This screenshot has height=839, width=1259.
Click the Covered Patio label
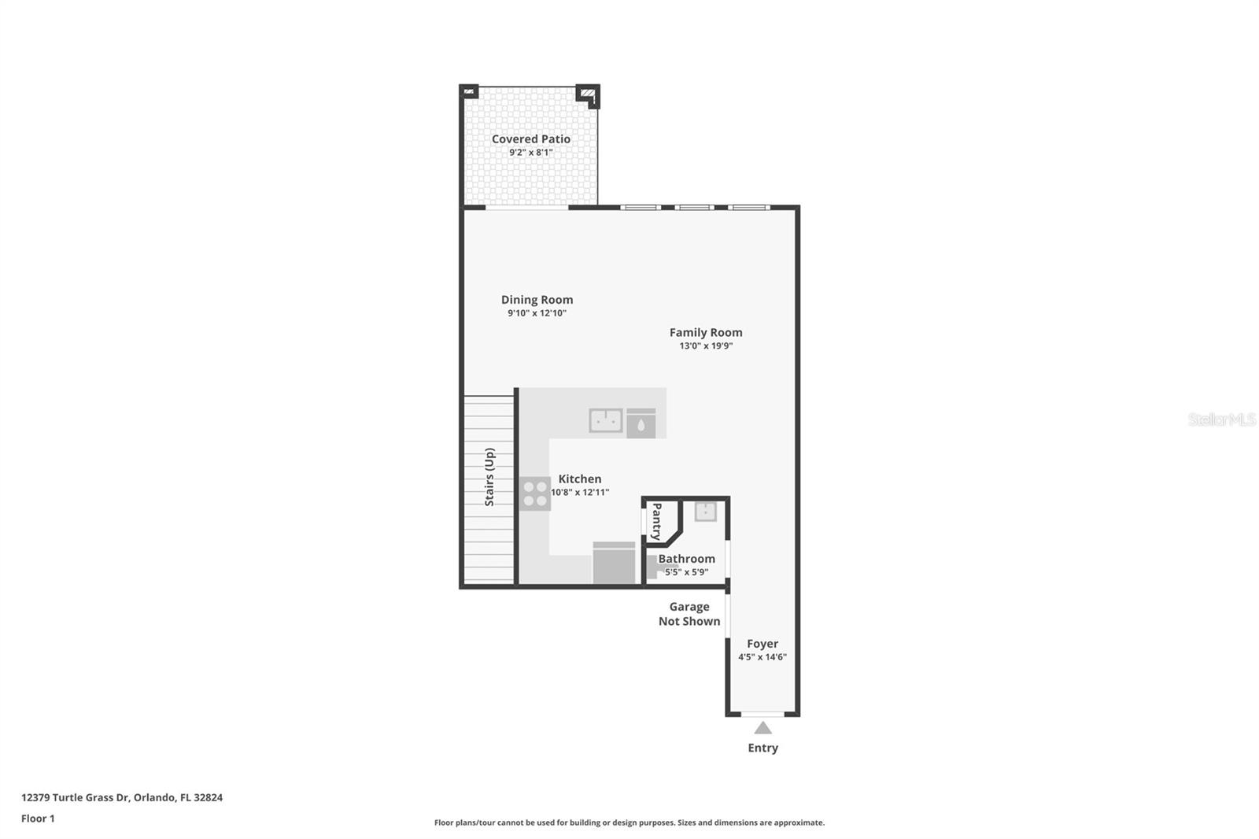click(531, 139)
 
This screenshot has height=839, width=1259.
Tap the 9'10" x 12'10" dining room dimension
click(537, 313)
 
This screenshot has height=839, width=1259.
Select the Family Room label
click(706, 332)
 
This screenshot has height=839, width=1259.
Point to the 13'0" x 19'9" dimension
click(706, 346)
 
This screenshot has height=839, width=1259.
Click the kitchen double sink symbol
click(606, 421)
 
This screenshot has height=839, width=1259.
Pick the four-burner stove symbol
click(535, 493)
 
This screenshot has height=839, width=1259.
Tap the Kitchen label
click(580, 479)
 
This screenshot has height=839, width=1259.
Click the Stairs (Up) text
click(489, 477)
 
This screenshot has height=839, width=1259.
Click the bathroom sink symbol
click(705, 512)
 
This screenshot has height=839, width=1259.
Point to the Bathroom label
click(686, 559)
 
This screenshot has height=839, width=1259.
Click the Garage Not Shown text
click(689, 614)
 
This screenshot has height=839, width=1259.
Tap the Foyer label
click(762, 644)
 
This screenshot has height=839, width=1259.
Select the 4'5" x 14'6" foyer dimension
click(762, 657)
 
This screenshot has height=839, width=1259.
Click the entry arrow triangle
click(762, 728)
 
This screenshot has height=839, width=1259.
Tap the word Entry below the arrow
click(762, 748)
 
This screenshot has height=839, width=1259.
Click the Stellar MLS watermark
click(1221, 419)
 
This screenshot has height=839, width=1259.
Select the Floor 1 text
click(38, 819)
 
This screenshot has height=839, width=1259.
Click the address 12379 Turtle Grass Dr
click(122, 797)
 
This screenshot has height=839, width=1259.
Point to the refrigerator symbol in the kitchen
click(614, 564)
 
